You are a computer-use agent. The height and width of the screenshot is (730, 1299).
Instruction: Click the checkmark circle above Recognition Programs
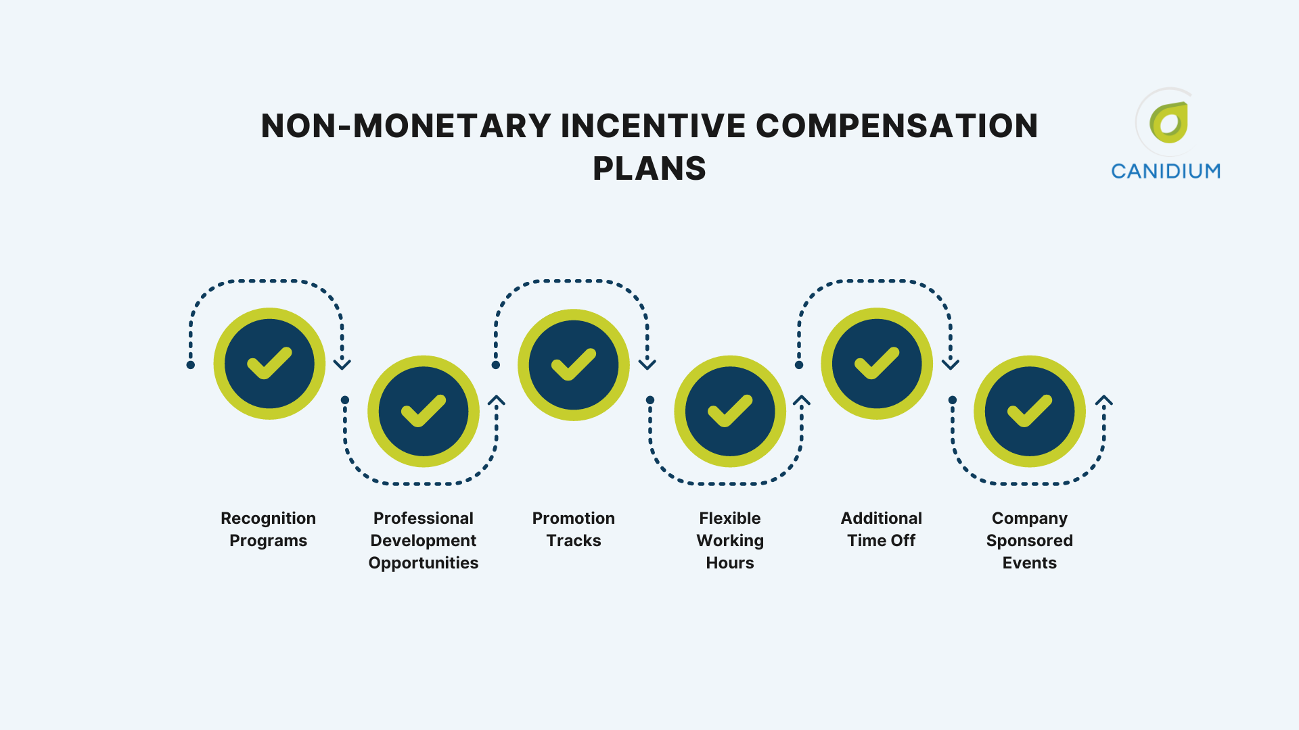click(x=269, y=364)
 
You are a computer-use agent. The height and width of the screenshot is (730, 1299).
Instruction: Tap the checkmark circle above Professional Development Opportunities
click(x=424, y=411)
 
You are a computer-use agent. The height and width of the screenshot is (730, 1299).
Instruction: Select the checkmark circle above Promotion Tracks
click(x=574, y=364)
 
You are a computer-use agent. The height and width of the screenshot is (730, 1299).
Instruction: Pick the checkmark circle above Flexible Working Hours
click(x=730, y=411)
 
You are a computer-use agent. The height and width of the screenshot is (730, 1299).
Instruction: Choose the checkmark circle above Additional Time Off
click(x=877, y=364)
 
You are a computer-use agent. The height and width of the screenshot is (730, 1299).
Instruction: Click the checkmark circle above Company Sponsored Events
click(x=1030, y=411)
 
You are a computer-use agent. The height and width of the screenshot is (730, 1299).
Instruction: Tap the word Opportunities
click(x=424, y=563)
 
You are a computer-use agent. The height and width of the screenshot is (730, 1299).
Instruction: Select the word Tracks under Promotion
click(x=574, y=541)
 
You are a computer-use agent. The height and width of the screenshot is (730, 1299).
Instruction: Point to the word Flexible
click(x=730, y=518)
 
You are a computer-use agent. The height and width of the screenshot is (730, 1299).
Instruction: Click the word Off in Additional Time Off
click(x=903, y=541)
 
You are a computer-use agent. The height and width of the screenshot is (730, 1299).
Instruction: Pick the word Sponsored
click(x=1030, y=541)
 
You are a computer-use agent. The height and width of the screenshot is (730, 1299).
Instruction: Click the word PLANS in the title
click(x=649, y=168)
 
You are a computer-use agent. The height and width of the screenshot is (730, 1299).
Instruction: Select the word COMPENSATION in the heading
click(x=896, y=126)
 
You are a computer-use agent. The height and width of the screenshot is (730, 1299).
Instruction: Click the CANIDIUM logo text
click(x=1166, y=172)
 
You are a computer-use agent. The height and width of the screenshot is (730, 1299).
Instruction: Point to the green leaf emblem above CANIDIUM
click(x=1169, y=123)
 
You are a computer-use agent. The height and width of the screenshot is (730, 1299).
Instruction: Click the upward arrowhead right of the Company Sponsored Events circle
click(x=1104, y=401)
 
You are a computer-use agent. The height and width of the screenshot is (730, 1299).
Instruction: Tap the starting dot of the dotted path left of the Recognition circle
click(x=191, y=365)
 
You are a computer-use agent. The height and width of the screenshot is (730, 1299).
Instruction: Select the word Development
click(x=424, y=541)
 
